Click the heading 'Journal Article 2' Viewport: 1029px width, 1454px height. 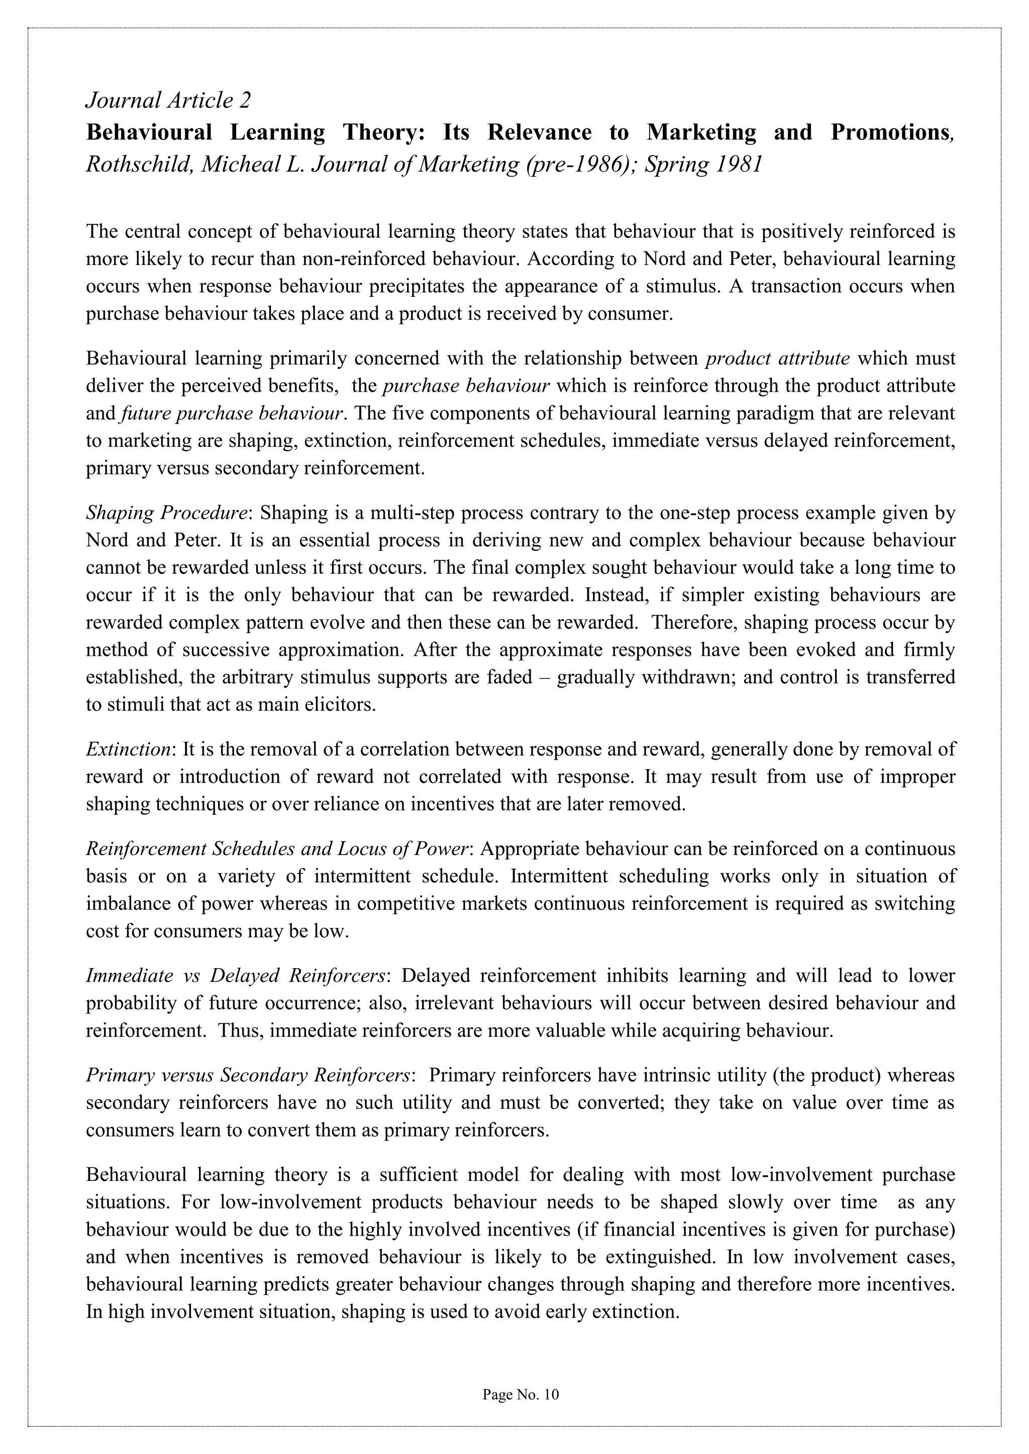tap(168, 100)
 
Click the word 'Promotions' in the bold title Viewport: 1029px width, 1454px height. tap(889, 133)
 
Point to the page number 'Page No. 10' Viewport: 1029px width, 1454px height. tap(520, 1394)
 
